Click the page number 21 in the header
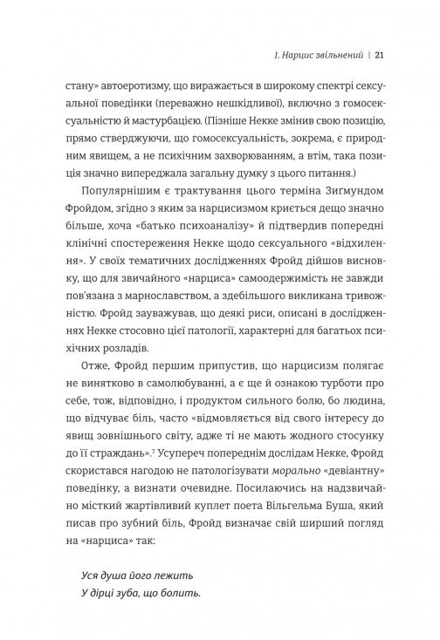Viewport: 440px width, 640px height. pyautogui.click(x=381, y=57)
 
